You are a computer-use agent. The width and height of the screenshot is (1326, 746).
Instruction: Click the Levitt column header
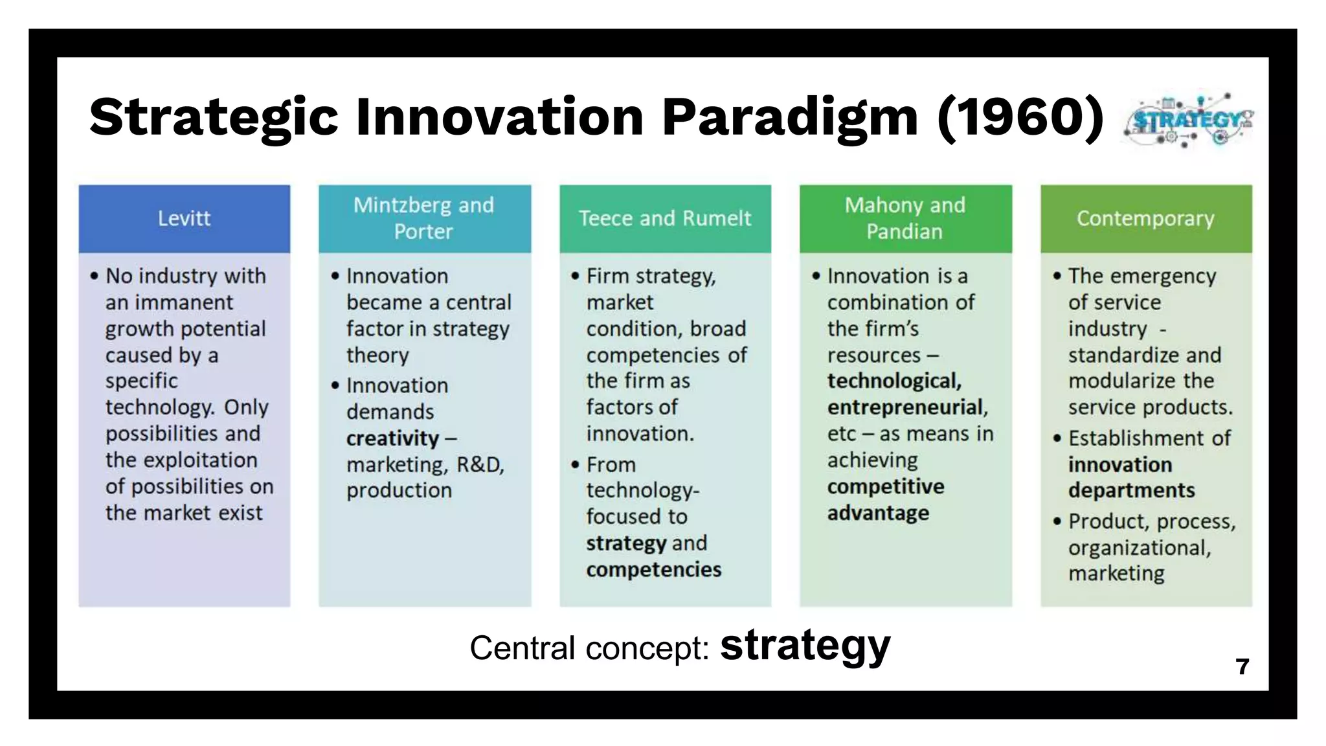tap(184, 218)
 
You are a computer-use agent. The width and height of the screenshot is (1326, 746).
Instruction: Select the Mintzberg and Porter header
tap(424, 218)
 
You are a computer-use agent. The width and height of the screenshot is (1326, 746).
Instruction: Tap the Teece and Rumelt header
tap(665, 218)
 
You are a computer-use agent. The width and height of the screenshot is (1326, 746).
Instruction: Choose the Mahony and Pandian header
tap(905, 218)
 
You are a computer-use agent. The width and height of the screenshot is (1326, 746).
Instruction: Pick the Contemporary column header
tap(1145, 218)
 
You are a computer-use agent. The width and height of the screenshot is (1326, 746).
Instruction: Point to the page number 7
tap(1242, 666)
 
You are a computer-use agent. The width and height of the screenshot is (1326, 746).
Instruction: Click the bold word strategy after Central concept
tap(805, 646)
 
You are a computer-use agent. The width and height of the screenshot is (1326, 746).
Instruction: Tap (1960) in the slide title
tap(1020, 117)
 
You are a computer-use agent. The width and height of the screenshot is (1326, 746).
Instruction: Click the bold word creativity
tap(392, 438)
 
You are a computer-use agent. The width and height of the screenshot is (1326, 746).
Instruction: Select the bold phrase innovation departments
tap(1130, 477)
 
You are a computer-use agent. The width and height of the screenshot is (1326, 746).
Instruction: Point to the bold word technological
tap(893, 381)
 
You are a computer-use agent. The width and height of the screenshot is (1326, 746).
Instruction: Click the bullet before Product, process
tap(1057, 521)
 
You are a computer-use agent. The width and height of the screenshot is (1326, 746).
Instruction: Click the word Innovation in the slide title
tap(499, 117)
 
